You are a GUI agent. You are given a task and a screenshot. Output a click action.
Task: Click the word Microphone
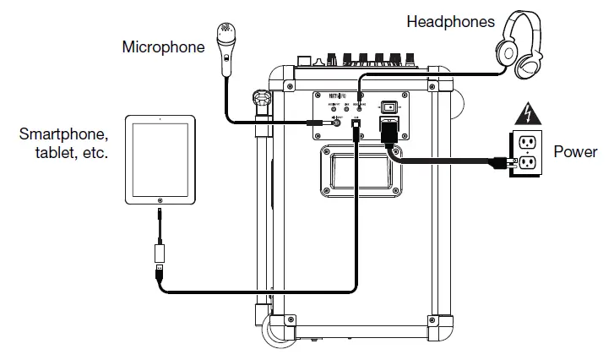163,46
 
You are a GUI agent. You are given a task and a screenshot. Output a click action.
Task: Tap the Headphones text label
450,21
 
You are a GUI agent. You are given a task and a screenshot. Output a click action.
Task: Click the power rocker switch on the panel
389,107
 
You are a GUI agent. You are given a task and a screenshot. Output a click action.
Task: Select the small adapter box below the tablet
158,253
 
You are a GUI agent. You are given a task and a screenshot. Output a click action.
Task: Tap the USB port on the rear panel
357,123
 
